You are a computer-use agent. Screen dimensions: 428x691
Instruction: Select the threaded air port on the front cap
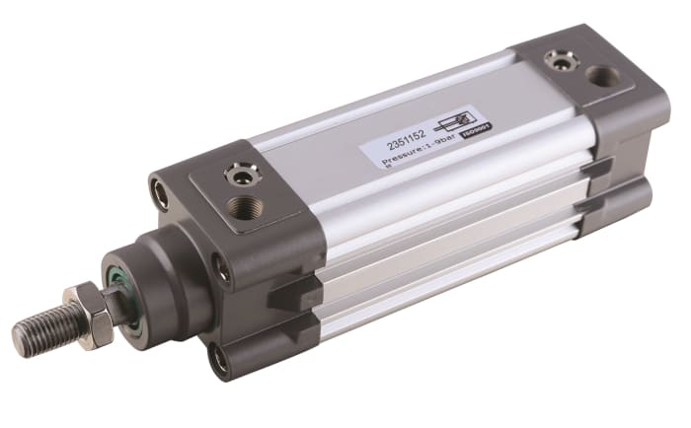[x=244, y=208]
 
